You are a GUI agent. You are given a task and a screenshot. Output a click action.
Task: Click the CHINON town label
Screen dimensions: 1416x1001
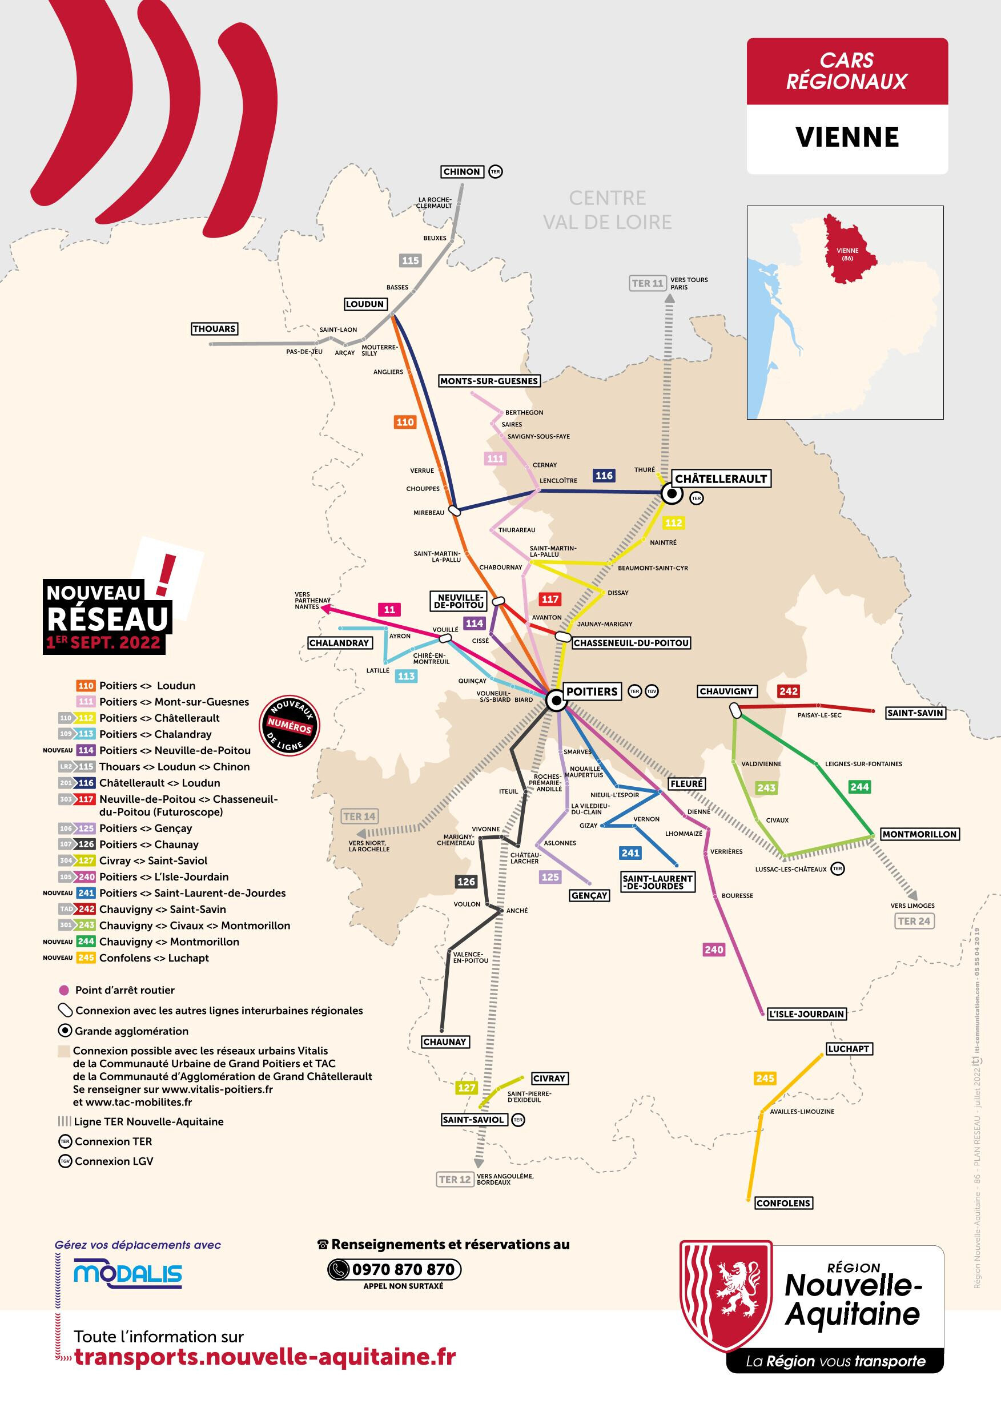tap(461, 172)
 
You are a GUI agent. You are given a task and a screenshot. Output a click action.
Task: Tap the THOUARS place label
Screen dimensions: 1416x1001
tap(214, 329)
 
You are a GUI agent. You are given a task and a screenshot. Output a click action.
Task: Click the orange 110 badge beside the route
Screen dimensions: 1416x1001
tap(405, 422)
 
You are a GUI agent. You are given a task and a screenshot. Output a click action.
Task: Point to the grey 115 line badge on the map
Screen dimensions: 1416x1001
tap(410, 260)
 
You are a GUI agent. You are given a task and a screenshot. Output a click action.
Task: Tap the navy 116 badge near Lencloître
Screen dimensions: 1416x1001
tap(604, 476)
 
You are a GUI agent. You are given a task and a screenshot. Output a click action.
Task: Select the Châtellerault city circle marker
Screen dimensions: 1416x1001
tap(672, 494)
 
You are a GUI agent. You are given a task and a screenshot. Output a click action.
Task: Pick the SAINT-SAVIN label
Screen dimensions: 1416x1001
tap(915, 713)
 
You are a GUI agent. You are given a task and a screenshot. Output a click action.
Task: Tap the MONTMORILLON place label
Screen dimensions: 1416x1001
tap(919, 834)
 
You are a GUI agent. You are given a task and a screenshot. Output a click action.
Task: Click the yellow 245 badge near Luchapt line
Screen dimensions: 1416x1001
tap(764, 1079)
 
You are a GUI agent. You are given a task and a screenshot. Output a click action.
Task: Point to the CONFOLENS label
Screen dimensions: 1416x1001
tap(783, 1203)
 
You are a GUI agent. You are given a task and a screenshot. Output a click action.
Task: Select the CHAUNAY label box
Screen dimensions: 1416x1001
tap(445, 1041)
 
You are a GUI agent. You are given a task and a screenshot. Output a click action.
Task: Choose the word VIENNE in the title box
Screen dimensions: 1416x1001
tap(847, 137)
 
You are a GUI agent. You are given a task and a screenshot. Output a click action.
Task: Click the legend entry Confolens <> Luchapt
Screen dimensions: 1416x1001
tap(154, 958)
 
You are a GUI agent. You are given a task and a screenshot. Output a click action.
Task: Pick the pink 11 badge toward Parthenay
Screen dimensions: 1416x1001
tap(389, 610)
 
